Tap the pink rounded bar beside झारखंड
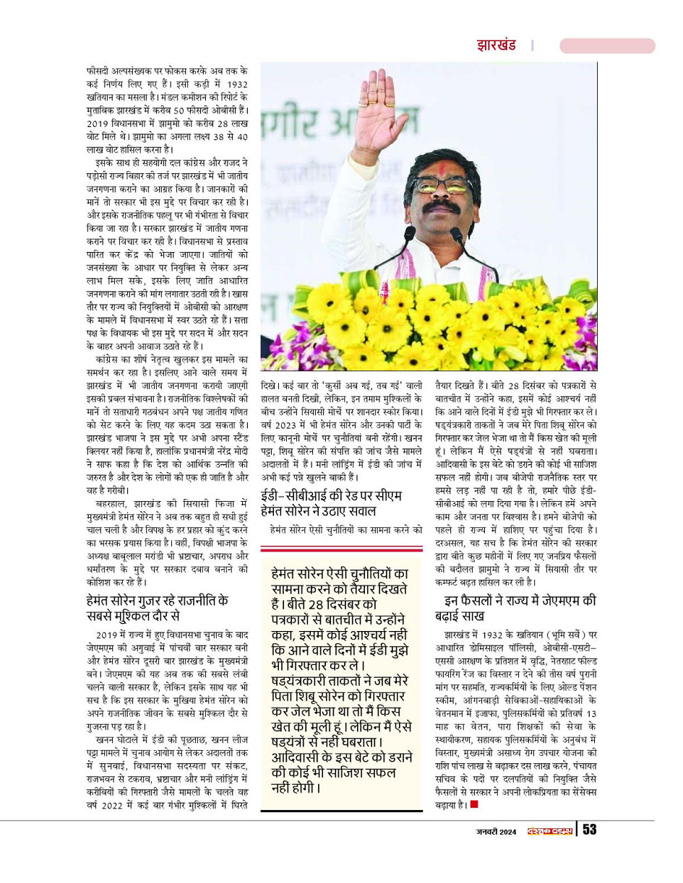[x=606, y=46]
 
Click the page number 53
[x=590, y=829]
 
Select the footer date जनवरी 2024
[x=496, y=830]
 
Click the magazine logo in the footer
[x=549, y=830]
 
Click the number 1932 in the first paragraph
[x=234, y=84]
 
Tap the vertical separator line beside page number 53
[x=577, y=829]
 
